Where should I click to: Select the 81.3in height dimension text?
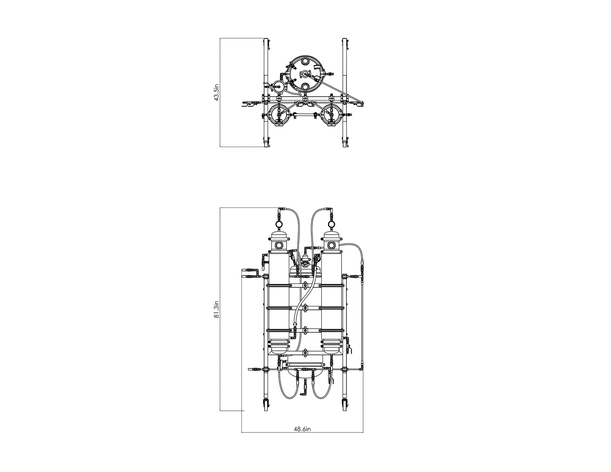(x=216, y=310)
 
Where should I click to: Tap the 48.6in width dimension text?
(x=302, y=429)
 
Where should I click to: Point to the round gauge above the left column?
(x=279, y=224)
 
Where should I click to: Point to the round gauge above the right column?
(x=331, y=224)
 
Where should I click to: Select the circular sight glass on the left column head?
(x=279, y=246)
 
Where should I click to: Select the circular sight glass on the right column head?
(x=331, y=246)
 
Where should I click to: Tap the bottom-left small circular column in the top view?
(x=279, y=115)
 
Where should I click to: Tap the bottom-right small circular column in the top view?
(x=331, y=115)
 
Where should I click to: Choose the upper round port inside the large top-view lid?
(x=305, y=61)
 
